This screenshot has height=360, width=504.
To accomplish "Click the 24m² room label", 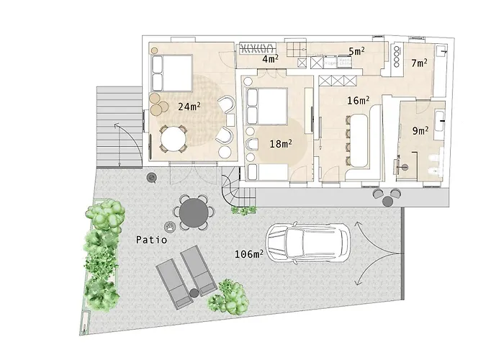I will click(189, 106).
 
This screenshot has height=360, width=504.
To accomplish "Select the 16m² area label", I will click(358, 100).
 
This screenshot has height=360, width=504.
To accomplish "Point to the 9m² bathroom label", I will click(420, 131).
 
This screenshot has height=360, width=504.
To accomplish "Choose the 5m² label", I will click(356, 51).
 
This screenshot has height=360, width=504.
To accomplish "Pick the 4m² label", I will click(270, 59).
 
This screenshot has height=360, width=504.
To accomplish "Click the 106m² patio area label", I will click(248, 253).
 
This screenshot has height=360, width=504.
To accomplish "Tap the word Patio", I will click(153, 240).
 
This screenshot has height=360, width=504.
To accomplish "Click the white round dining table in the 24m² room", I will click(173, 138).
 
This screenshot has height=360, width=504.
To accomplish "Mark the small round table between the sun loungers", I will click(194, 291).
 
